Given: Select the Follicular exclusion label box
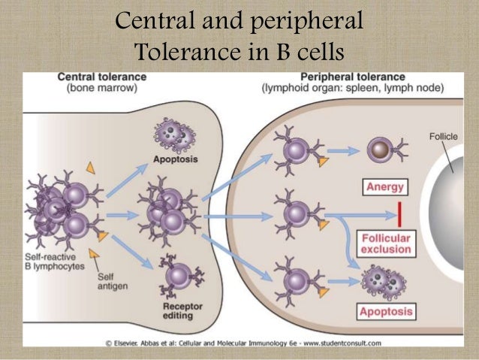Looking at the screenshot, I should coord(385,242).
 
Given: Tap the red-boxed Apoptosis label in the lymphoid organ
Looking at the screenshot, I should coord(385,310).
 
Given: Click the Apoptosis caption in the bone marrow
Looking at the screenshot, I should coord(176,159).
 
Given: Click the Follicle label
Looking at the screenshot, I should coord(443,138).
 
